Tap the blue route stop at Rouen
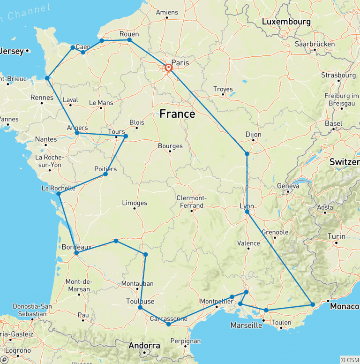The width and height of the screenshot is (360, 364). [x=129, y=40]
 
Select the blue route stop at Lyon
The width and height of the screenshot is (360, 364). [x=247, y=212]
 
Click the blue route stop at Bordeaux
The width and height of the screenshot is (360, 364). [x=76, y=253]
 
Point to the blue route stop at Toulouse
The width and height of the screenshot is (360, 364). [x=140, y=307]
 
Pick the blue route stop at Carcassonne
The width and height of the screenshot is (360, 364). [x=169, y=324]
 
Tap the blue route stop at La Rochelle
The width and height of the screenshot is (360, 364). [x=59, y=194]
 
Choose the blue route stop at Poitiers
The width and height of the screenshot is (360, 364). [x=105, y=174]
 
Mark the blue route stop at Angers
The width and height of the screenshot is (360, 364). [x=77, y=133]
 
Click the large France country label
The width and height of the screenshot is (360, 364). [x=177, y=114]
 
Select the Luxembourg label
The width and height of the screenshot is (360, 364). [x=286, y=22]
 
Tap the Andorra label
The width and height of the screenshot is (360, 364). [x=144, y=346]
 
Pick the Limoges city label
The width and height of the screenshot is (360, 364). [x=134, y=203]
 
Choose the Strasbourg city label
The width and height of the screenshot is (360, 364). [x=338, y=75]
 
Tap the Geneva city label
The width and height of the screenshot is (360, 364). [x=288, y=186]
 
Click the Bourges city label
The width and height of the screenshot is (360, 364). [x=170, y=146]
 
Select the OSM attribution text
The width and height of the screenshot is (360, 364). [x=349, y=359]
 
